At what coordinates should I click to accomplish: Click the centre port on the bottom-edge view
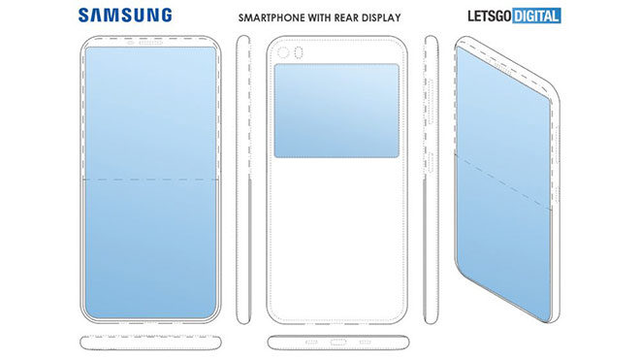(336, 342)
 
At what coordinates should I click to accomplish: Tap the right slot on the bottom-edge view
(360, 342)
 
